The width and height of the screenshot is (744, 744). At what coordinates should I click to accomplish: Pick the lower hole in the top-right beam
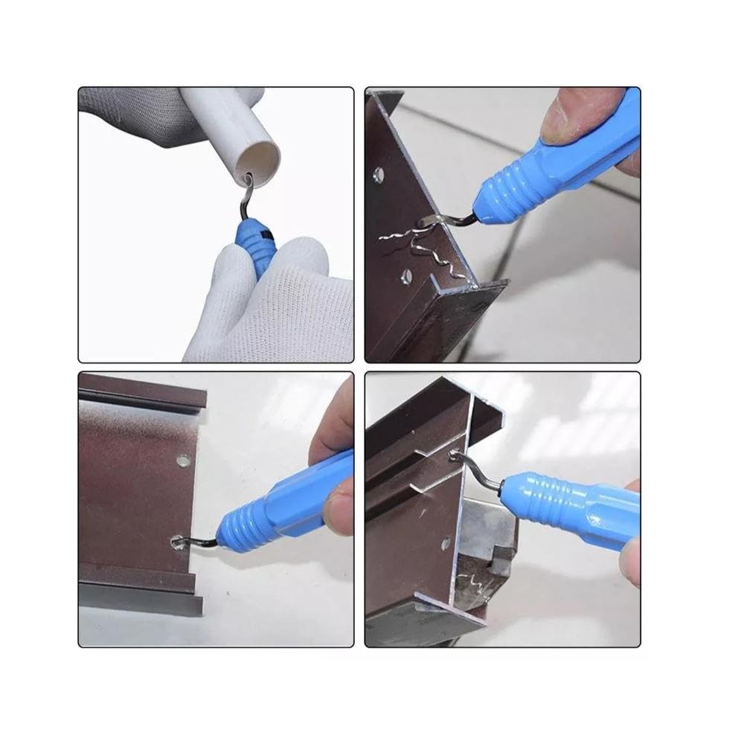coord(405,277)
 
